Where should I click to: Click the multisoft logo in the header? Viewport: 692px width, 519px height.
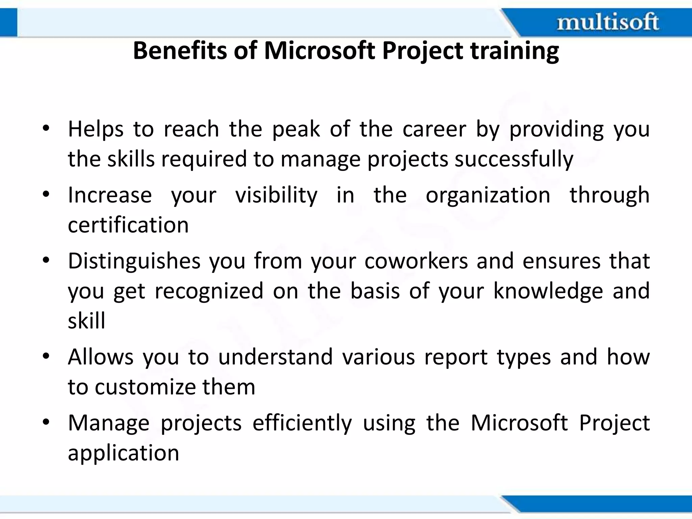pyautogui.click(x=608, y=22)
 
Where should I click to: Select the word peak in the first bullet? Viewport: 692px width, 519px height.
pyautogui.click(x=296, y=130)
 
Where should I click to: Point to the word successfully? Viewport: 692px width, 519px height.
pyautogui.click(x=514, y=159)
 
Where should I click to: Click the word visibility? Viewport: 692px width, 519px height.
pyautogui.click(x=276, y=196)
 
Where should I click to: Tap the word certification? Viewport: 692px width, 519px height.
pyautogui.click(x=128, y=225)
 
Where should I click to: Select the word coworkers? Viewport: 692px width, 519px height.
pyautogui.click(x=416, y=261)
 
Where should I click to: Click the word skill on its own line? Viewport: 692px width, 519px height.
pyautogui.click(x=86, y=321)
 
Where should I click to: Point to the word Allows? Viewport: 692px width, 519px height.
pyautogui.click(x=100, y=357)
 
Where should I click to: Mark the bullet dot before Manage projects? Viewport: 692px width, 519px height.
pyautogui.click(x=46, y=422)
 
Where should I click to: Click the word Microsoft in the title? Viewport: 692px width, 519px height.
pyautogui.click(x=319, y=51)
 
